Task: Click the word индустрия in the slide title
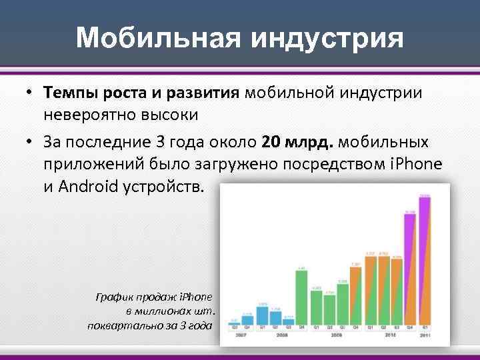click(326, 38)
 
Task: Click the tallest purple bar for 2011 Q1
click(425, 260)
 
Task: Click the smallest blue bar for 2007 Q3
click(234, 321)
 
